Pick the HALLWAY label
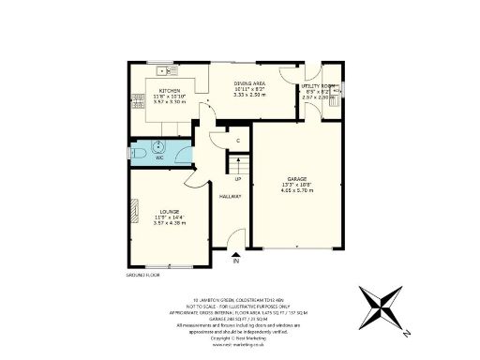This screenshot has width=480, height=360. tap(231, 197)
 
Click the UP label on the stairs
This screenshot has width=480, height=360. tap(238, 179)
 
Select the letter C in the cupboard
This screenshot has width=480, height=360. tap(238, 141)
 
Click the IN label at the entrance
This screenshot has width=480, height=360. tap(235, 260)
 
